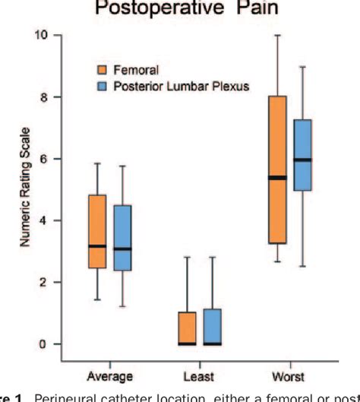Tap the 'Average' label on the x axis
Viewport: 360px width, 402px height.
(x=111, y=375)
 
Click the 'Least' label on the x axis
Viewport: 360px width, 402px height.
(x=200, y=375)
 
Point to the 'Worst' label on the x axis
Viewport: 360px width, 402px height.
(x=289, y=375)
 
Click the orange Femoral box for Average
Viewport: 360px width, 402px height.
(x=97, y=231)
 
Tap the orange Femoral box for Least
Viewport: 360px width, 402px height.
(x=187, y=328)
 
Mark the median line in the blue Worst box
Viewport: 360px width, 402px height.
(x=303, y=160)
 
